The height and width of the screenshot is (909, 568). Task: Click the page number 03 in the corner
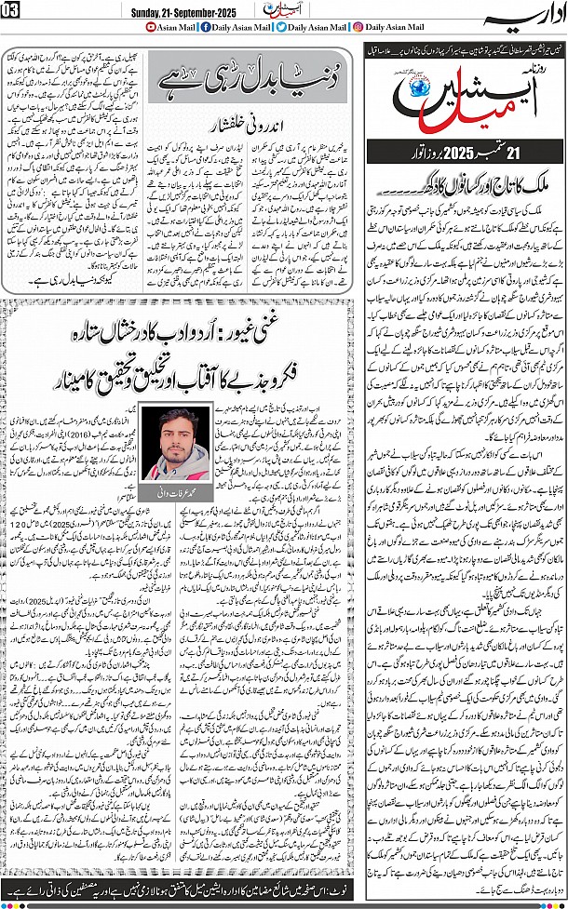point(10,10)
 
